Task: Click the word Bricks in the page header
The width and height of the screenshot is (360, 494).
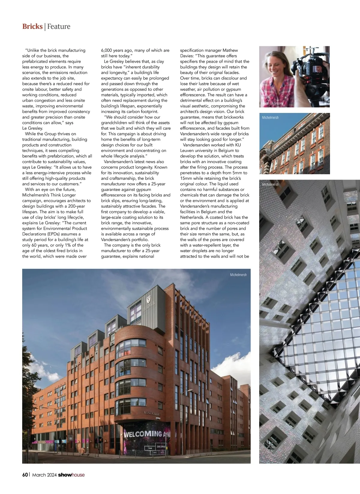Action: click(x=32, y=26)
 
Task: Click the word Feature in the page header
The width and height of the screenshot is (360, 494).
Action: click(x=59, y=26)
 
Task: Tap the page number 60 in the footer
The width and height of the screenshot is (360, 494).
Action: click(x=25, y=475)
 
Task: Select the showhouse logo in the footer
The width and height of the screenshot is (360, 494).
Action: click(x=71, y=475)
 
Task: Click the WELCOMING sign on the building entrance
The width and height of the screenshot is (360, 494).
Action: click(x=143, y=434)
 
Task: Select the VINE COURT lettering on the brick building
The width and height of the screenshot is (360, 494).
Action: click(x=152, y=414)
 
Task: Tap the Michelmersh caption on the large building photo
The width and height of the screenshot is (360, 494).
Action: click(x=238, y=275)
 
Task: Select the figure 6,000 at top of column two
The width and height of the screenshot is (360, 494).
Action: click(x=107, y=50)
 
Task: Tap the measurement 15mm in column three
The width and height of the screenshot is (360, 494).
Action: click(x=186, y=178)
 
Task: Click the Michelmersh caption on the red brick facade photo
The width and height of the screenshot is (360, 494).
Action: click(x=270, y=118)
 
